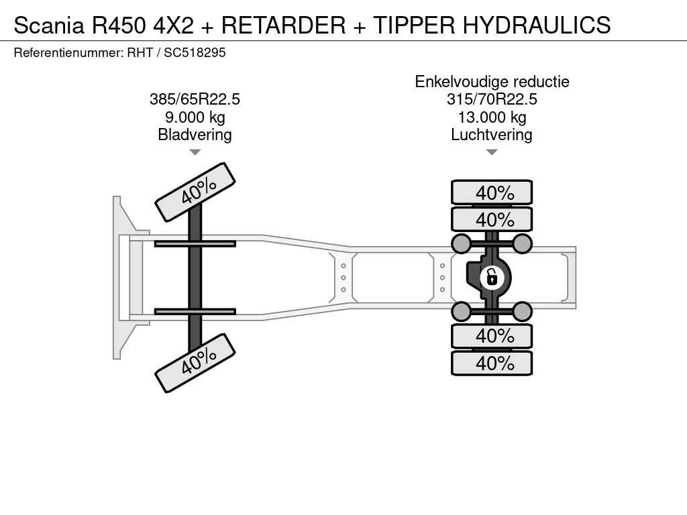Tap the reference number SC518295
(195, 52)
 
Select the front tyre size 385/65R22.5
(195, 99)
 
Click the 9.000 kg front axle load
(195, 117)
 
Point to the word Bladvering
(195, 135)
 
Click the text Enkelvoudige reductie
(492, 82)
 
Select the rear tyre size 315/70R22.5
(492, 99)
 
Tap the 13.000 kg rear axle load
(492, 117)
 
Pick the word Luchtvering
(492, 135)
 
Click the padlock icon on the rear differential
(492, 276)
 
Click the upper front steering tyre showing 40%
(195, 192)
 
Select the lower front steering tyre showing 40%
(195, 363)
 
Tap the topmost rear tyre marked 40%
(492, 192)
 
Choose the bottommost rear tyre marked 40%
(492, 363)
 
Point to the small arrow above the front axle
(195, 152)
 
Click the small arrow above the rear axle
(492, 152)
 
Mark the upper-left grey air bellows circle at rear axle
(461, 243)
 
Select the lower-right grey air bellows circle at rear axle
(523, 311)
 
